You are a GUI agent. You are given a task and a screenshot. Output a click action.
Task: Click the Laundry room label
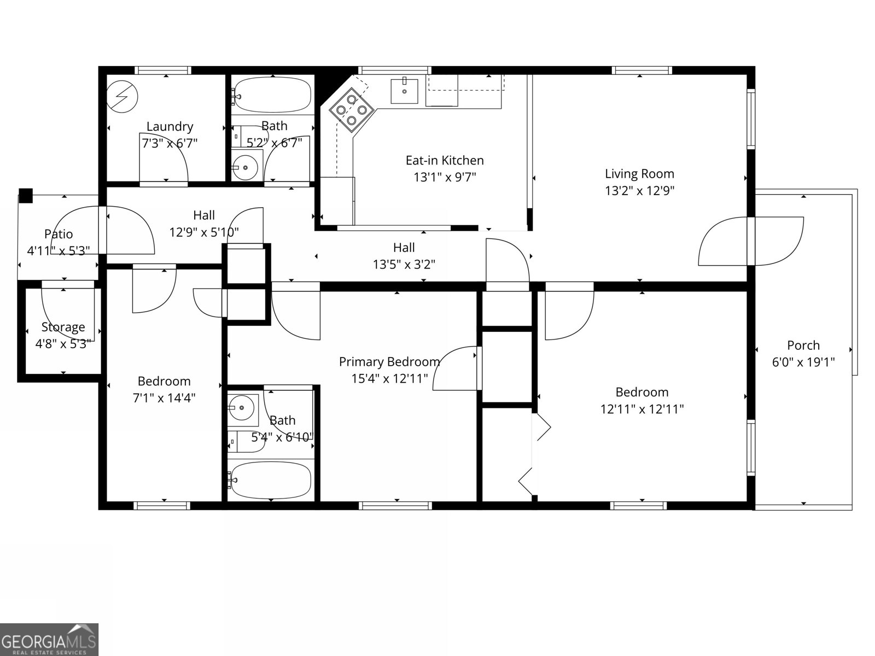(170, 127)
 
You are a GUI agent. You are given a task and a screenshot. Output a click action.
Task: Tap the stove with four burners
(351, 109)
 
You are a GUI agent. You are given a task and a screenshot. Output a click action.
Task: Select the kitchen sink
(404, 91)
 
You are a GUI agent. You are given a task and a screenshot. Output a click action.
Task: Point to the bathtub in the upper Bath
(272, 95)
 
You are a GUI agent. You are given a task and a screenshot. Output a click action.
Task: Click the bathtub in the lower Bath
(271, 481)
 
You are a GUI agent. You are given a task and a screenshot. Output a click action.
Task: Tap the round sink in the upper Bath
(244, 168)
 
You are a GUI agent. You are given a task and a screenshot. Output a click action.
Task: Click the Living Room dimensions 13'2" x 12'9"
(639, 191)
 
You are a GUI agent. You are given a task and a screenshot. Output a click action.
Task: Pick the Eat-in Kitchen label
(444, 161)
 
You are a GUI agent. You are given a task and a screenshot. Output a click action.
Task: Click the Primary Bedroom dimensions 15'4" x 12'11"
(389, 379)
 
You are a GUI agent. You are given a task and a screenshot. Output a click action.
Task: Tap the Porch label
(803, 345)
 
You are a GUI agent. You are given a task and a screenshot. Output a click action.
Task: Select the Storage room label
(63, 327)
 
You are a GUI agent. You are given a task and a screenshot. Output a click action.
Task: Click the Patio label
(59, 234)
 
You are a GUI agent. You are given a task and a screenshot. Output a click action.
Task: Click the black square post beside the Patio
(26, 196)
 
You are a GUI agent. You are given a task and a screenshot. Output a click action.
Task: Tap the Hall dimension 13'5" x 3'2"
(404, 265)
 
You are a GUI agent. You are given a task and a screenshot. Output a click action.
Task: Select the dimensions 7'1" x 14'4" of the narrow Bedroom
(164, 398)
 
